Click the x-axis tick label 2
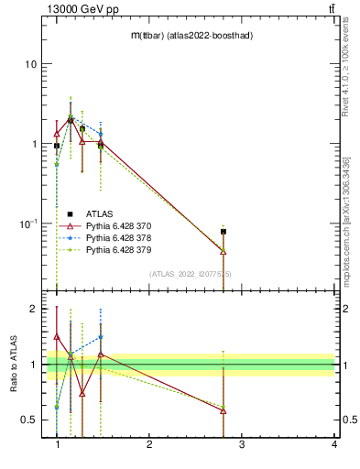pos(149,444)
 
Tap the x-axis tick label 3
pos(241,444)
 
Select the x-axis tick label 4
pos(333,444)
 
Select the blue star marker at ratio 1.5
pos(101,336)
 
